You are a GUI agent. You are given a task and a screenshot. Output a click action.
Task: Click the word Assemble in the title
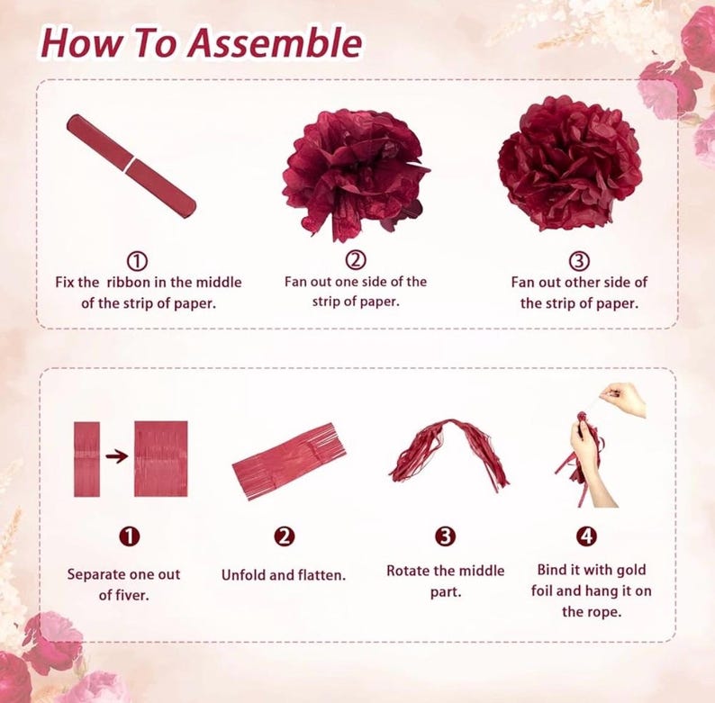275,43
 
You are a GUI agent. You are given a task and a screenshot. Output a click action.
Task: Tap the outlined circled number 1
137,261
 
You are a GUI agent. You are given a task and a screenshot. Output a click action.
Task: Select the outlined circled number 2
356,259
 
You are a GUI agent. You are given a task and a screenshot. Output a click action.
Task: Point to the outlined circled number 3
579,261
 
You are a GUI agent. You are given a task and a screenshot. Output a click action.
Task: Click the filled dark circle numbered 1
130,536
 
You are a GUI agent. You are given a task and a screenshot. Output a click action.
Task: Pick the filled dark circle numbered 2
284,536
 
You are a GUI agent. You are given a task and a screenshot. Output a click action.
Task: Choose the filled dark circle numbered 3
445,536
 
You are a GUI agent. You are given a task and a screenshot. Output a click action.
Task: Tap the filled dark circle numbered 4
587,536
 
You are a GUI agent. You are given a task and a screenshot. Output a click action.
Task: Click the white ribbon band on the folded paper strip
131,165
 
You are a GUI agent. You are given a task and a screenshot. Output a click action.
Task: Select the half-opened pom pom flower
355,176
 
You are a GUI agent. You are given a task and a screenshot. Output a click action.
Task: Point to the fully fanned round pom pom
570,164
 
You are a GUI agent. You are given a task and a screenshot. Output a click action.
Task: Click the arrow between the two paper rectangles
117,455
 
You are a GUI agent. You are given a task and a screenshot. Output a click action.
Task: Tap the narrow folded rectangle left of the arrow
86,459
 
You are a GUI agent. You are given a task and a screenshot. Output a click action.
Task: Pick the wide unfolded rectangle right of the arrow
161,459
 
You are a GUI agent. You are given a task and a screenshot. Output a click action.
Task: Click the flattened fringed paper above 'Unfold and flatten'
289,462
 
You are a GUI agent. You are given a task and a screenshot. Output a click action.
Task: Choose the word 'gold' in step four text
631,570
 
